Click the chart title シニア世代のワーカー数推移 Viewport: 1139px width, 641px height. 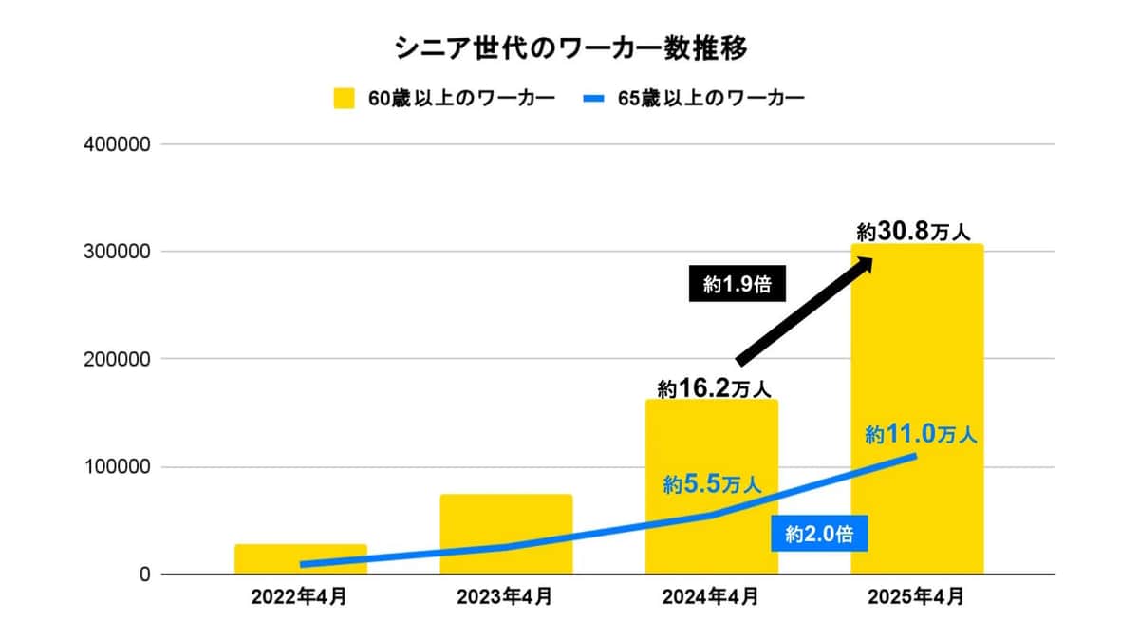point(569,49)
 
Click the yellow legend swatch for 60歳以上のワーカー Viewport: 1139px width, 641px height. point(344,99)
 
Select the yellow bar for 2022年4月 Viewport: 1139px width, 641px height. point(301,559)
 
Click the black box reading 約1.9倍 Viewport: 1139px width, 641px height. point(738,284)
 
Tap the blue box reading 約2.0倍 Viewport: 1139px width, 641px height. point(819,535)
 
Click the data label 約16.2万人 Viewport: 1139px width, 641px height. point(713,387)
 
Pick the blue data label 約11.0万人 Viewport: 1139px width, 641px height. point(921,435)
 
